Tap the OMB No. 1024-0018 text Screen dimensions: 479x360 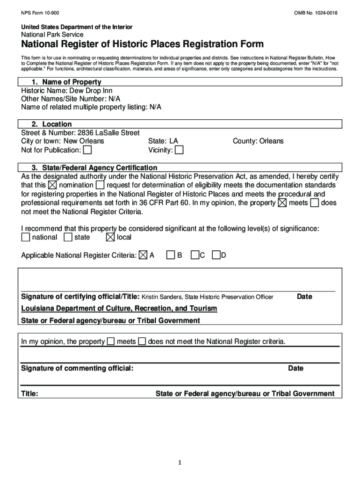[316, 12]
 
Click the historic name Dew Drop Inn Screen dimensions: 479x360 [91, 90]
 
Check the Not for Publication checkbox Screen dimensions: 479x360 [87, 150]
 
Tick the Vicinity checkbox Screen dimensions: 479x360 [179, 150]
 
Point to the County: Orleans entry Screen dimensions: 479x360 [258, 141]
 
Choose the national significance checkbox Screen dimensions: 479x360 [25, 238]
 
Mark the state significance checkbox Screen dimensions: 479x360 [68, 238]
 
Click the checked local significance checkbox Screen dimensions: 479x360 [110, 238]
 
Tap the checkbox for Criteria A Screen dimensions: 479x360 [143, 255]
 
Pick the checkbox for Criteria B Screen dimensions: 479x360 [171, 255]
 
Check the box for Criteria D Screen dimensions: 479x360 [216, 255]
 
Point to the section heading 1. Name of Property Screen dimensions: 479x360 [66, 82]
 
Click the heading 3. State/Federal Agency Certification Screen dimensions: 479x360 [94, 167]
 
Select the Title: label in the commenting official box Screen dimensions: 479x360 [30, 394]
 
